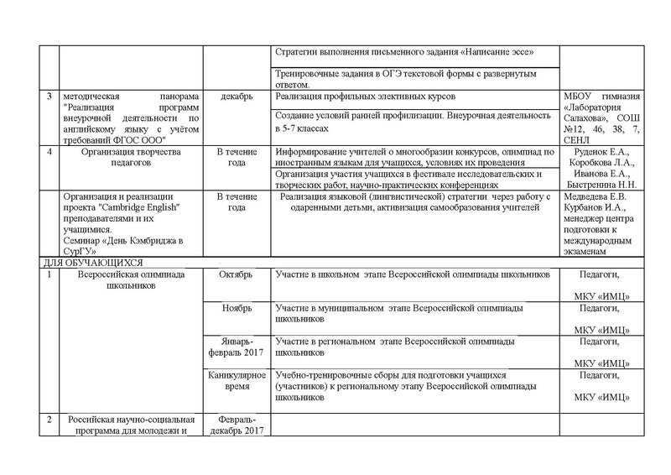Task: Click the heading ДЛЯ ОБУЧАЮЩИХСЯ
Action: tap(93, 263)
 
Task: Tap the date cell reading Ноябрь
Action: tap(237, 309)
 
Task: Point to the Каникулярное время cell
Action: tap(237, 380)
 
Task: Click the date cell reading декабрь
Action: tap(237, 97)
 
